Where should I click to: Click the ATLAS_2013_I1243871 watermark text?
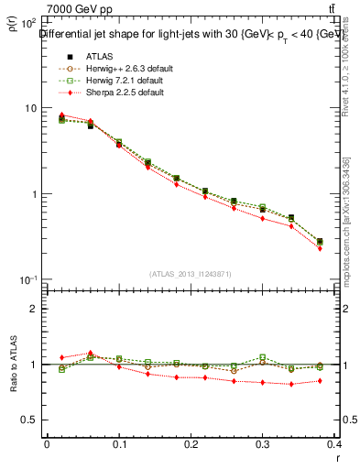tap(192, 274)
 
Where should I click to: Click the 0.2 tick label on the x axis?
tap(192, 443)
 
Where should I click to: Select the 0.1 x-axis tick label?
tap(119, 443)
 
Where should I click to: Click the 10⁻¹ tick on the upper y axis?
tap(29, 279)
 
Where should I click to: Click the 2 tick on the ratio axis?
tap(35, 309)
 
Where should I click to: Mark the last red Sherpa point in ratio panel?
tap(320, 380)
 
